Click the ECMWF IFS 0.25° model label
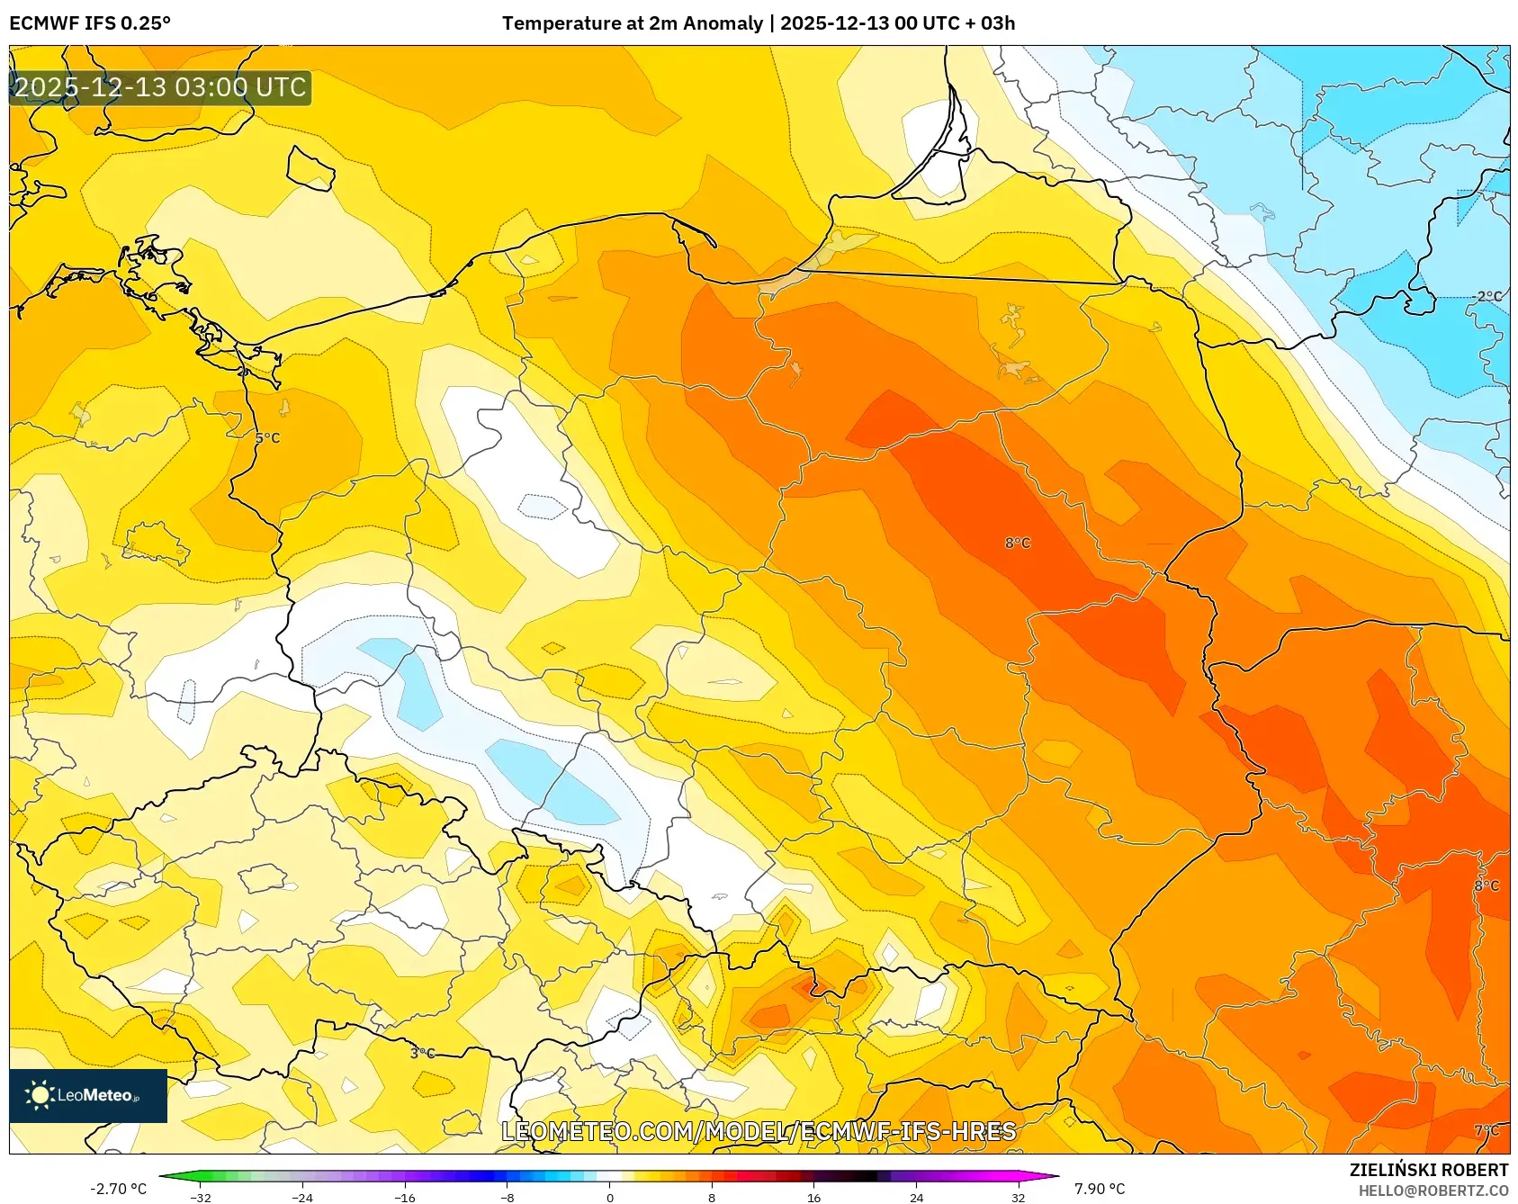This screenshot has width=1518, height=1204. click(x=90, y=23)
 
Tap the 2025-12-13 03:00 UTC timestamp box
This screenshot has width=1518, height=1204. click(x=160, y=87)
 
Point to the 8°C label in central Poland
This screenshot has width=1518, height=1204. click(x=1018, y=543)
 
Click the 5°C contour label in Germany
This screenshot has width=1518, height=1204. click(x=267, y=438)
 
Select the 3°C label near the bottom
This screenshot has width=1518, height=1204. click(x=422, y=1053)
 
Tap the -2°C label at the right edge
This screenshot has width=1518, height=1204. click(x=1487, y=296)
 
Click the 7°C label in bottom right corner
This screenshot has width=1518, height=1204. click(x=1487, y=1130)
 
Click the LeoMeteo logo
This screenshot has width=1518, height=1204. click(x=88, y=1095)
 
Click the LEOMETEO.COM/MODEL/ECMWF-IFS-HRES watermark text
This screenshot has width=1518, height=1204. click(x=759, y=1131)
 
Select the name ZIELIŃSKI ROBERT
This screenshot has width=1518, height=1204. click(x=1428, y=1170)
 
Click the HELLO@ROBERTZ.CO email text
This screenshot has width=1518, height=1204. click(x=1433, y=1191)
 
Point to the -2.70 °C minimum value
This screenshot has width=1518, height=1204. click(x=118, y=1189)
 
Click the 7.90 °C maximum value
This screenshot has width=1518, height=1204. click(x=1100, y=1189)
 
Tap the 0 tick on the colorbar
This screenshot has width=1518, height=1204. click(x=610, y=1198)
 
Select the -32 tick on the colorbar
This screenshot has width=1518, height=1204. click(x=201, y=1198)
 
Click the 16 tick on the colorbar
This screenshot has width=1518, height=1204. click(x=813, y=1198)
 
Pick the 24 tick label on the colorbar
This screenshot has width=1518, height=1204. click(x=916, y=1198)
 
